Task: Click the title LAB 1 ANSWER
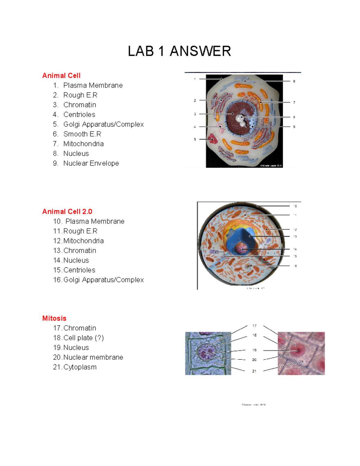click(179, 51)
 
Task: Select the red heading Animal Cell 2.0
click(67, 212)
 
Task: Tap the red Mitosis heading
click(54, 318)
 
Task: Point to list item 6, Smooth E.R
click(82, 134)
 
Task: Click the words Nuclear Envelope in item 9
click(91, 163)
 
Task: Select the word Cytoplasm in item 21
click(80, 367)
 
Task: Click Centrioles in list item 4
click(79, 115)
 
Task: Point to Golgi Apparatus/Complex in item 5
click(103, 124)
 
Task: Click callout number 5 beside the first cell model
click(195, 139)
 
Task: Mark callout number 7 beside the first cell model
click(294, 102)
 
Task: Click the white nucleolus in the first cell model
click(241, 118)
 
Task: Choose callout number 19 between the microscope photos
click(254, 350)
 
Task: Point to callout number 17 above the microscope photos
click(254, 326)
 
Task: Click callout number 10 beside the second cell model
click(295, 206)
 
